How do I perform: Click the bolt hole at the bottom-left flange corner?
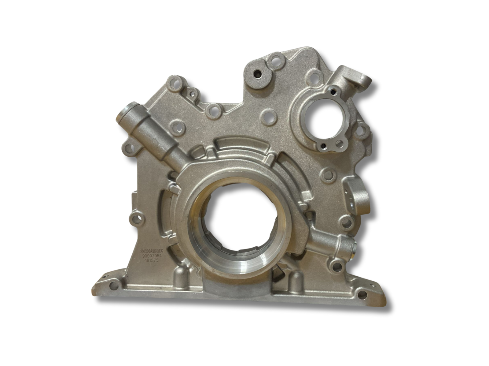pyautogui.click(x=114, y=286)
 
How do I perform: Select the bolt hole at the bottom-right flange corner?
pyautogui.click(x=362, y=295)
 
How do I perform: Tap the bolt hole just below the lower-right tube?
pyautogui.click(x=337, y=267)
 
